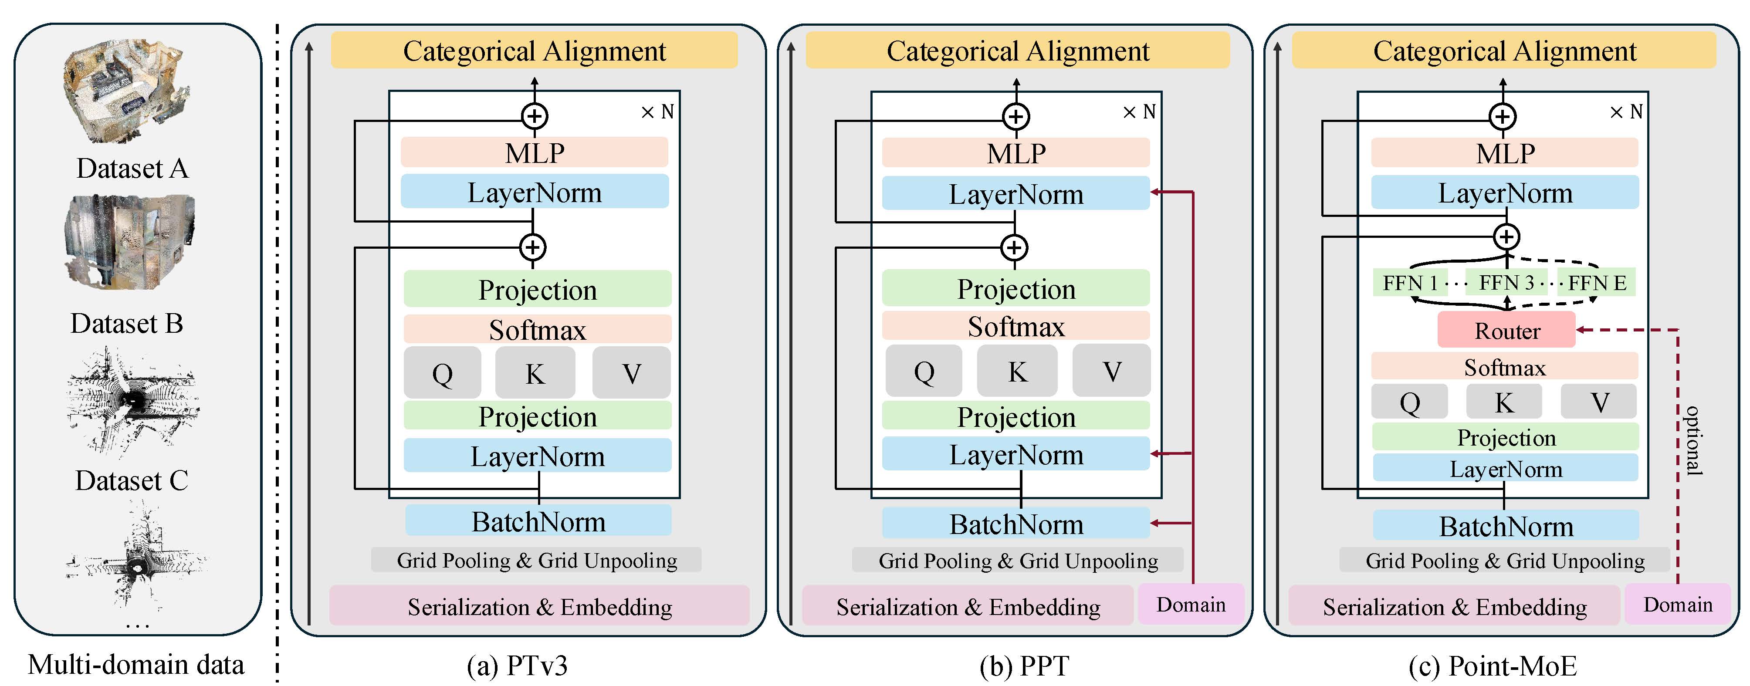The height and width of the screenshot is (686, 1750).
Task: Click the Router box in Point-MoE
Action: pos(1506,330)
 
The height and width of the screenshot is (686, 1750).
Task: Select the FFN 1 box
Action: pos(1410,283)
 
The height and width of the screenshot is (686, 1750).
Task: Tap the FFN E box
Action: pos(1597,283)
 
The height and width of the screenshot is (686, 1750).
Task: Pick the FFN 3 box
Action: pos(1506,283)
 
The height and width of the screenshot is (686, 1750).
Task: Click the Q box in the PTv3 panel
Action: pos(442,373)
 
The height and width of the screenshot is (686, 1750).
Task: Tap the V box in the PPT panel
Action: pos(1111,371)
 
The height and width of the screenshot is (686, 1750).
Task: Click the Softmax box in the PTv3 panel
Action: pos(537,329)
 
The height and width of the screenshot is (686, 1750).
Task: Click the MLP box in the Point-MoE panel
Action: pos(1505,153)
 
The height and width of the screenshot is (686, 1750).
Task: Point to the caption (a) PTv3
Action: pos(517,666)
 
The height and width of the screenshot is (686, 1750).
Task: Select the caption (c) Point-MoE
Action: pos(1493,666)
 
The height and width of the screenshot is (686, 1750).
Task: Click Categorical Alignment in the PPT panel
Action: pos(1018,51)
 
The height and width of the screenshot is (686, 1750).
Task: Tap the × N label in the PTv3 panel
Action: pos(657,112)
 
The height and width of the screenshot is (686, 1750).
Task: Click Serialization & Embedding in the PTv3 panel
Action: pos(540,607)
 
